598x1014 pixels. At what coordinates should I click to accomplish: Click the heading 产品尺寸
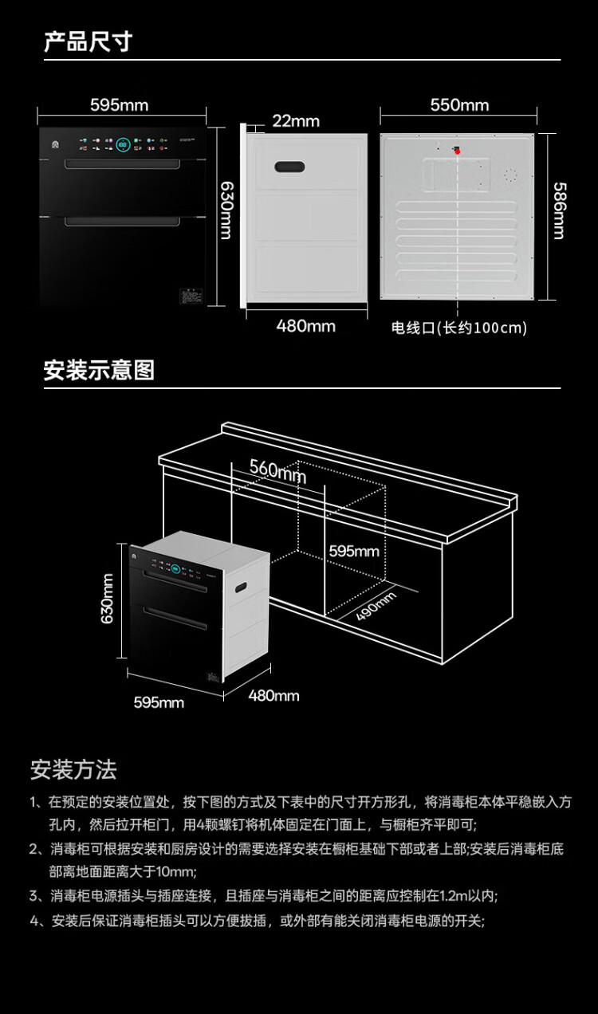(88, 41)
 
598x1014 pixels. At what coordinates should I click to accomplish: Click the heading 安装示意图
(99, 371)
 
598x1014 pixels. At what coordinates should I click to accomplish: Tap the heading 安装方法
(73, 770)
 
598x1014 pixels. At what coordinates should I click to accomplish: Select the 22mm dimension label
(295, 121)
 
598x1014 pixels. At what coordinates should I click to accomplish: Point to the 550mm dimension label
(459, 105)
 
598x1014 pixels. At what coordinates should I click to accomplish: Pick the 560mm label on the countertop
(277, 470)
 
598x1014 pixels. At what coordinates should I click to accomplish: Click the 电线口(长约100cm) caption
(459, 328)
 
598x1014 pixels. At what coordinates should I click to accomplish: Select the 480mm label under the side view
(305, 326)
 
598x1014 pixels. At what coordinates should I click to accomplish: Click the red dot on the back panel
(458, 151)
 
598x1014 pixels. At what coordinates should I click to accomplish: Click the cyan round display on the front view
(124, 146)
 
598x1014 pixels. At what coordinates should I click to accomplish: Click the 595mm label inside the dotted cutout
(354, 551)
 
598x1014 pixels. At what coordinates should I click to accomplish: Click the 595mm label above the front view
(119, 105)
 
